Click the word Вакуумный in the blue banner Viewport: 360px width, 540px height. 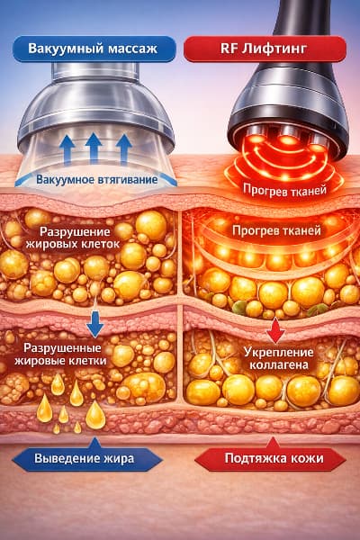65,49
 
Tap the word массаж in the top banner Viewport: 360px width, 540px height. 133,49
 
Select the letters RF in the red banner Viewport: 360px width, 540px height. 228,49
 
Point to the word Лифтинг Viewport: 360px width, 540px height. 274,49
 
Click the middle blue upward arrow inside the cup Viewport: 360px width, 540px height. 94,148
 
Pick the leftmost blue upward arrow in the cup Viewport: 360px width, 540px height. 67,149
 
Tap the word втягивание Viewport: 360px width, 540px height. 128,180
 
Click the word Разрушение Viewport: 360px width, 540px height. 75,231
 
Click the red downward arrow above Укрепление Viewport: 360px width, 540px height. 275,329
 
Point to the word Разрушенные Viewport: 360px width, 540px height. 62,347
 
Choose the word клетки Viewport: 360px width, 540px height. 87,361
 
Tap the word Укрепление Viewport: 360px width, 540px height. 278,352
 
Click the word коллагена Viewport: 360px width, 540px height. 278,365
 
